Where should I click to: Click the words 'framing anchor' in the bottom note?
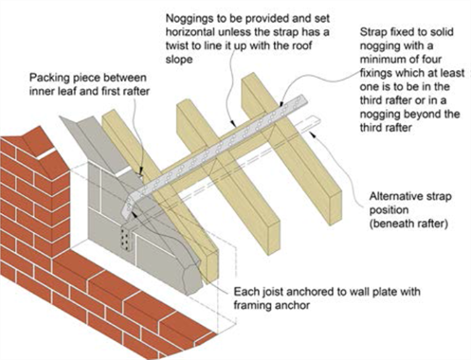[x=272, y=305]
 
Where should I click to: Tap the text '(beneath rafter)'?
[x=408, y=224]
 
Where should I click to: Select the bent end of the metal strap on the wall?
[x=132, y=205]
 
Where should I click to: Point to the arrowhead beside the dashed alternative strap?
[x=313, y=134]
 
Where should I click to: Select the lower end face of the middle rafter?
[x=274, y=237]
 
